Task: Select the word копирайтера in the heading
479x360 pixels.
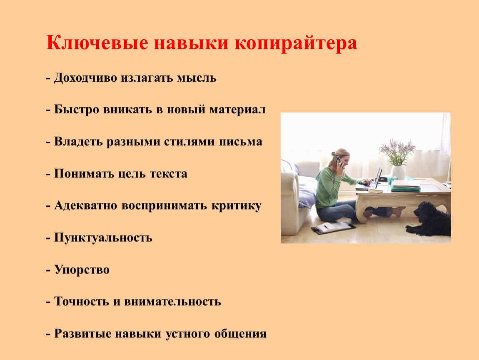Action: [296, 43]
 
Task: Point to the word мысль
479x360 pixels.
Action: [197, 78]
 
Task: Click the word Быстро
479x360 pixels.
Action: [77, 110]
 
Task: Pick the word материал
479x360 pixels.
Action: [237, 110]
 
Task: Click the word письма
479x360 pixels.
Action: [240, 142]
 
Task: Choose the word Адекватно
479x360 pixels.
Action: [86, 206]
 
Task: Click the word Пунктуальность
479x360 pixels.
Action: [103, 237]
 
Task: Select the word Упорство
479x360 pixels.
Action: [82, 270]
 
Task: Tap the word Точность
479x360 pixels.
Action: [82, 302]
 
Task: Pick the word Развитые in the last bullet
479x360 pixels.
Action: [82, 333]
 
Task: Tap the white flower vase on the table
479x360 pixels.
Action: [398, 172]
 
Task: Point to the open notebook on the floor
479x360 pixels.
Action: [333, 227]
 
